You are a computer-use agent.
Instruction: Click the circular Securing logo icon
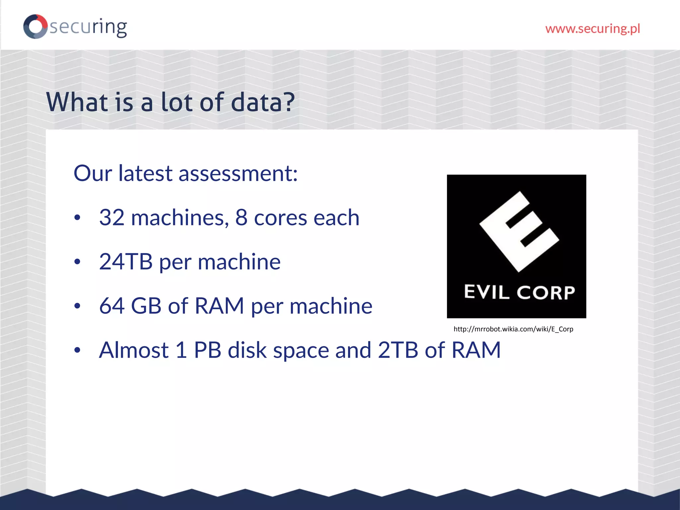point(35,27)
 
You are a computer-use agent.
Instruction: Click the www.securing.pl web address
point(593,29)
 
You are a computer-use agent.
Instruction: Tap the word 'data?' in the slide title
point(262,102)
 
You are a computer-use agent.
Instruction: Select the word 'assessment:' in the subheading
point(238,173)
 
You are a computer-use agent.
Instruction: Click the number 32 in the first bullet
point(112,218)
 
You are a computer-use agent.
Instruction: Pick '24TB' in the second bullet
point(126,262)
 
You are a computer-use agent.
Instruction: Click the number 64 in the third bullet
point(112,306)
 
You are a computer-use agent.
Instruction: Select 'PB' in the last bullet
point(208,350)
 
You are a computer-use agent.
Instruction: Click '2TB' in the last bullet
point(398,350)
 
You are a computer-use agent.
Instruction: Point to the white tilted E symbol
point(519,231)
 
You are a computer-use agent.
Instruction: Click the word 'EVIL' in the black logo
point(486,292)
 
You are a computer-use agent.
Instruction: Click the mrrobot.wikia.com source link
point(513,329)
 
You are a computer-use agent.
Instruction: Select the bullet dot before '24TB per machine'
point(77,262)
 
